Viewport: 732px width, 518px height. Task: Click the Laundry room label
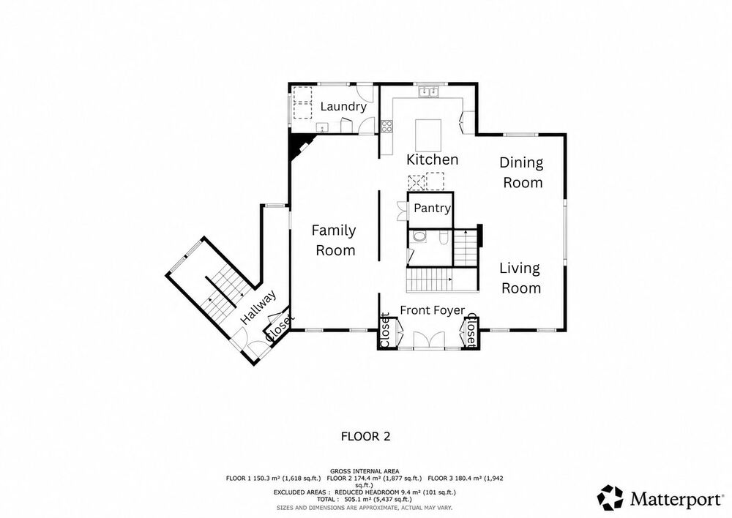click(343, 107)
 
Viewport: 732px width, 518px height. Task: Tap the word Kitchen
click(433, 159)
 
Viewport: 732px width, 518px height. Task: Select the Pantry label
click(433, 208)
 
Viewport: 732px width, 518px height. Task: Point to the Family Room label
click(335, 240)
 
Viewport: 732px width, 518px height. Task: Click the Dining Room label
click(521, 172)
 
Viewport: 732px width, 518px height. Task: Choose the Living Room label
click(520, 278)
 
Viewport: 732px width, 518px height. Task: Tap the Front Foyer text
click(433, 310)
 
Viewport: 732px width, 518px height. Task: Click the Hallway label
click(258, 307)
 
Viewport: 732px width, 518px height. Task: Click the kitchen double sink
click(429, 91)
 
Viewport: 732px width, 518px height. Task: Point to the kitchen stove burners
click(387, 127)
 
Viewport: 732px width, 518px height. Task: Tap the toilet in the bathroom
click(444, 238)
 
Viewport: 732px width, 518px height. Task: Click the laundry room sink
click(321, 127)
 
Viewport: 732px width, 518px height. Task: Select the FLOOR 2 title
click(365, 437)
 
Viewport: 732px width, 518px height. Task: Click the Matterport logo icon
click(610, 498)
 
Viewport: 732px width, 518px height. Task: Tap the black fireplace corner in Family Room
click(299, 143)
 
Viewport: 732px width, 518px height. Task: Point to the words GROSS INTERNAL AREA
click(365, 471)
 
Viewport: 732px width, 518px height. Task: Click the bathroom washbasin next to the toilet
click(419, 236)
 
